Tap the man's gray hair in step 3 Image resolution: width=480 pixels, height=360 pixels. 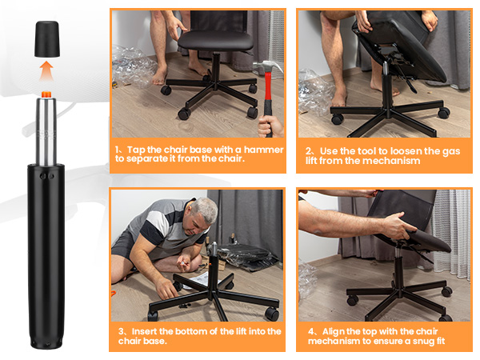click(x=205, y=210)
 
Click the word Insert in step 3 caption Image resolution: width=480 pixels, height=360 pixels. click(x=146, y=331)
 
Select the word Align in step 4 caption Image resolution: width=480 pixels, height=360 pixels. click(x=334, y=331)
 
